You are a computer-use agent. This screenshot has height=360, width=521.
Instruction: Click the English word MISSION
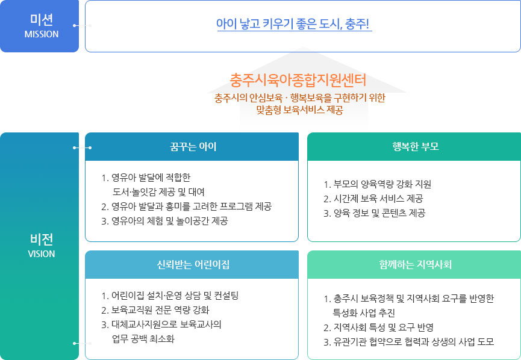coord(42,34)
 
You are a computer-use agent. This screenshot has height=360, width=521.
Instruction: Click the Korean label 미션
coord(42,19)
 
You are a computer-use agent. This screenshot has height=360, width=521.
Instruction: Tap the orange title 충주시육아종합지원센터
coord(298,79)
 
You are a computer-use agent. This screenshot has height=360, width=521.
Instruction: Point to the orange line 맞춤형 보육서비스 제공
coord(299,110)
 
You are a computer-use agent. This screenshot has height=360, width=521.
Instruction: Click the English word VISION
coord(42,254)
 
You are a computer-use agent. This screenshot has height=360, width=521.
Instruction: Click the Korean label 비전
coord(42,239)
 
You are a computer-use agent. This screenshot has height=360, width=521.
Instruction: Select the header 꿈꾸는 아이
coord(193,146)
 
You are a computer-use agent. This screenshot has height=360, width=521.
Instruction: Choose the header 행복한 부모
coord(416,146)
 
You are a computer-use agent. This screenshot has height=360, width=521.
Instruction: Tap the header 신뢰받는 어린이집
coord(193,264)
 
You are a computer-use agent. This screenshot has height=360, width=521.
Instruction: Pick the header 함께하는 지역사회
coord(416,264)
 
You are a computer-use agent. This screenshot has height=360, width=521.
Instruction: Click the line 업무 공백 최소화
coord(143,339)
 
